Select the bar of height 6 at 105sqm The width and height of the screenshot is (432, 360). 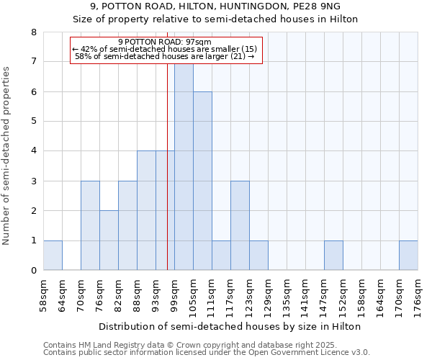coord(202,181)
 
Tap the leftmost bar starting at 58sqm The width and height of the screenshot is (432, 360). coord(53,256)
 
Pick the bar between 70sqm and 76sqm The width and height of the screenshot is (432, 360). coord(90,225)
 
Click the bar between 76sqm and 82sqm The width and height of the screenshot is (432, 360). coord(109,240)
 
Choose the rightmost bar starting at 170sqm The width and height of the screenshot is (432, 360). coord(408,256)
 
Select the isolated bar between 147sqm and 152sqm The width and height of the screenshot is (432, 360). coord(333,256)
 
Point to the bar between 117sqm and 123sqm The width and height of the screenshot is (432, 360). coord(240,225)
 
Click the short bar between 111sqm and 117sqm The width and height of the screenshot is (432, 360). coord(221,256)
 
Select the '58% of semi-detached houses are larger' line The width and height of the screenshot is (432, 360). coord(164,56)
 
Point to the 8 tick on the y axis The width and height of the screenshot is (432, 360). coord(33,32)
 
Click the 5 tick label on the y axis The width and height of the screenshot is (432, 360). coord(33,121)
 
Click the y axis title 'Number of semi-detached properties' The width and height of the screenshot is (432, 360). coord(7,156)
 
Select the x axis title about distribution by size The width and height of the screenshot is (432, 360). coord(230,326)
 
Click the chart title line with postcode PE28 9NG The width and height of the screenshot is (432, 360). coord(215,6)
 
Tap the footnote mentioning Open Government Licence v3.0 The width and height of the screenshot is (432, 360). coord(207,353)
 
